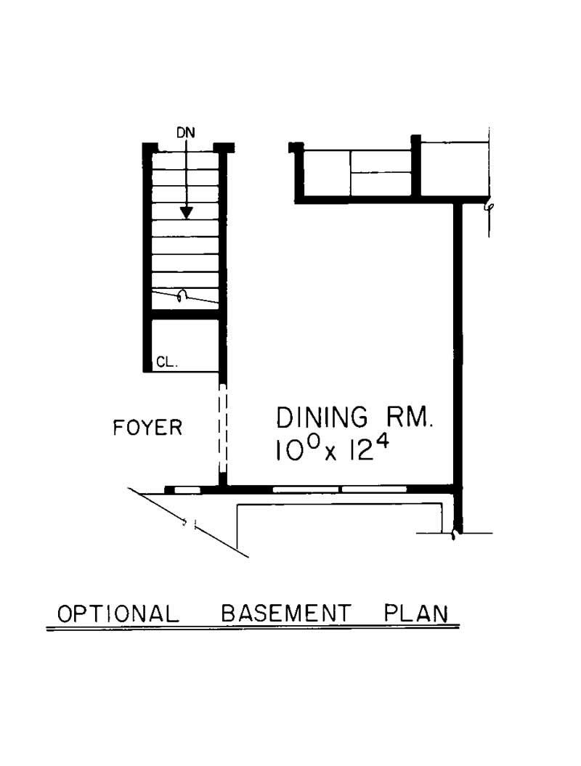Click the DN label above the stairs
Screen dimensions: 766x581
(x=186, y=133)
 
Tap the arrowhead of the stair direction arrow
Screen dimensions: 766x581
(x=187, y=212)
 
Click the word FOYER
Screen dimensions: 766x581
(x=148, y=428)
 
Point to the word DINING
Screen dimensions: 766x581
(x=322, y=418)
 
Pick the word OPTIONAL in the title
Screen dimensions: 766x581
(x=118, y=614)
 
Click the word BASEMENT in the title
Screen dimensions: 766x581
(x=285, y=614)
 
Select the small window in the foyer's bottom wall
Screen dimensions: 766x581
(x=187, y=490)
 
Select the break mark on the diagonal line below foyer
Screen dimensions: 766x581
(x=190, y=522)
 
